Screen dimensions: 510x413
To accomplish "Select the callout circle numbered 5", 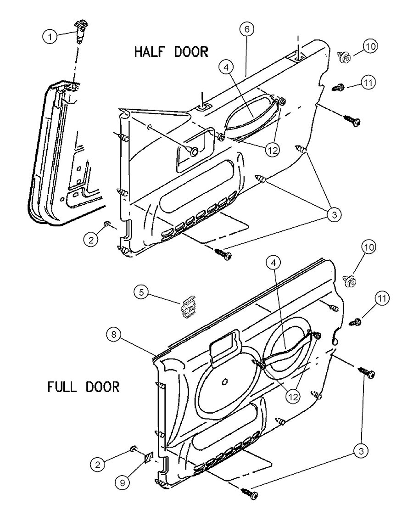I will [141, 292].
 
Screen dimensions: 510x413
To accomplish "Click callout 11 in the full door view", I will [382, 299].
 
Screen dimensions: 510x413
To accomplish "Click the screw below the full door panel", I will [248, 493].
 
